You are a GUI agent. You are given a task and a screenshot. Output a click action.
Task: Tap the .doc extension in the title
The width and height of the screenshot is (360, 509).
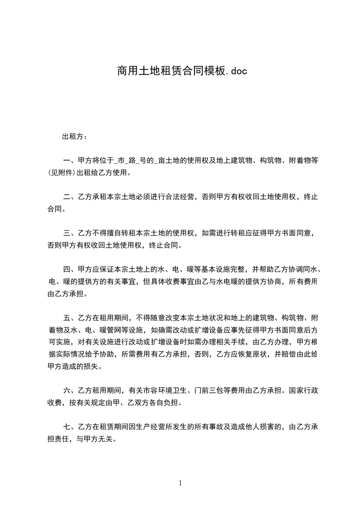[236, 71]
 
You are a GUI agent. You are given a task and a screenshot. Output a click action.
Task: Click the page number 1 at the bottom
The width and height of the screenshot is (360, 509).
[180, 483]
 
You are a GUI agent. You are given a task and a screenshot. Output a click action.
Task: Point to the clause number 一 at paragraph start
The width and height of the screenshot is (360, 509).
[67, 161]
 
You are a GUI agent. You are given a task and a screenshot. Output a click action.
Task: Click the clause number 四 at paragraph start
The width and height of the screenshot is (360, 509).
[67, 269]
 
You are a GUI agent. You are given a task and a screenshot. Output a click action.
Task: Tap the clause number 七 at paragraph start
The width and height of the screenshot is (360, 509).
[67, 426]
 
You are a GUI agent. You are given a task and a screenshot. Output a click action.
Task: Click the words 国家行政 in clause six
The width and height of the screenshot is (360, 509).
[302, 390]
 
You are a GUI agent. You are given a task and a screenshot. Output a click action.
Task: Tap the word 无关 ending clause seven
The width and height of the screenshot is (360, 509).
[109, 439]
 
